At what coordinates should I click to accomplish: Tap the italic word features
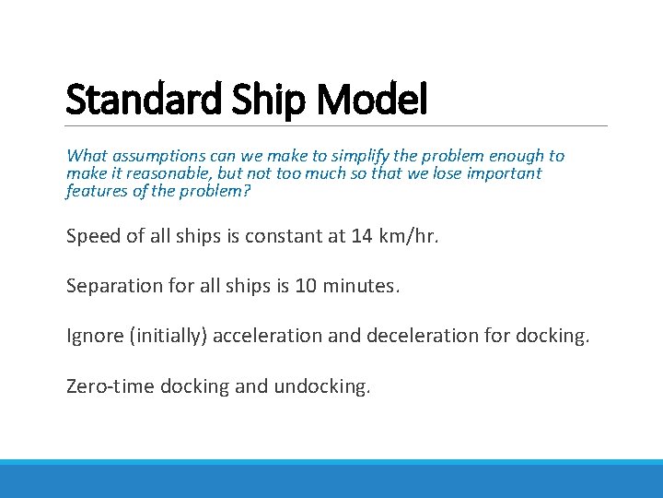click(96, 191)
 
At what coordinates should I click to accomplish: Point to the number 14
click(363, 236)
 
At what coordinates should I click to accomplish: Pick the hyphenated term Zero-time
click(110, 385)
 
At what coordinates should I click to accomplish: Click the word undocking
click(321, 385)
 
